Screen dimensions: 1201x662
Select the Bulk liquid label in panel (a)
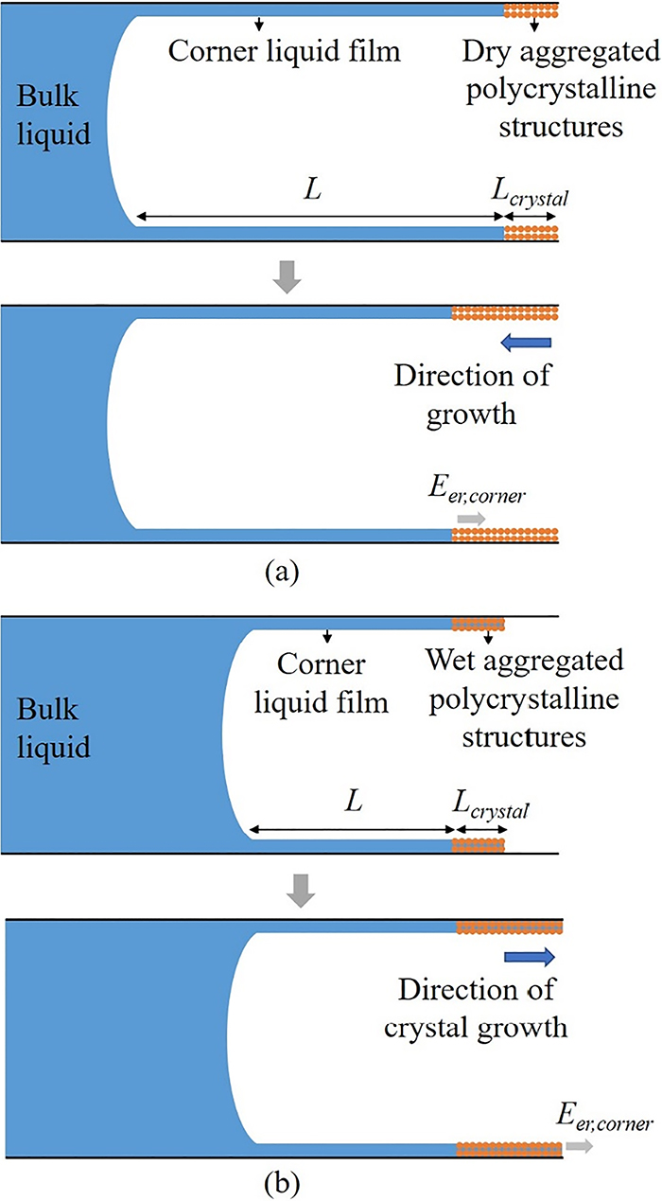coord(54,115)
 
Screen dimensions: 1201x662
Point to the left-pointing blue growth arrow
coord(524,342)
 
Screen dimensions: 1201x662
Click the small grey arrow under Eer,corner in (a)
coord(470,518)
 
